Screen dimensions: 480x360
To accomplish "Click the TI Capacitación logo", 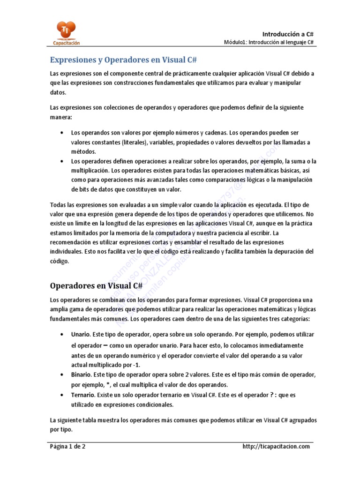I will pos(66,33).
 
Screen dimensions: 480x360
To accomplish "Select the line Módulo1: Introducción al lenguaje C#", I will pos(269,43).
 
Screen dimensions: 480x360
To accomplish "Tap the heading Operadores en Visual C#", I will pos(96,285).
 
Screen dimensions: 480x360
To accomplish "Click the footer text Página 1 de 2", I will pos(68,446).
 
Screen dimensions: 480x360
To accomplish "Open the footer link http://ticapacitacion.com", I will pos(276,446).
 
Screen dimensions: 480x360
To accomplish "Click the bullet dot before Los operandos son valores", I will pos(62,133).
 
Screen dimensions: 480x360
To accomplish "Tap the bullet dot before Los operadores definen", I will pos(62,161).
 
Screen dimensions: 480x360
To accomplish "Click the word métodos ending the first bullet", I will pos(83,151).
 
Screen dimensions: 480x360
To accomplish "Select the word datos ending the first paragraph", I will pos(58,93).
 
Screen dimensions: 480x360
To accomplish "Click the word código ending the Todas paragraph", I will pos(60,262).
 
